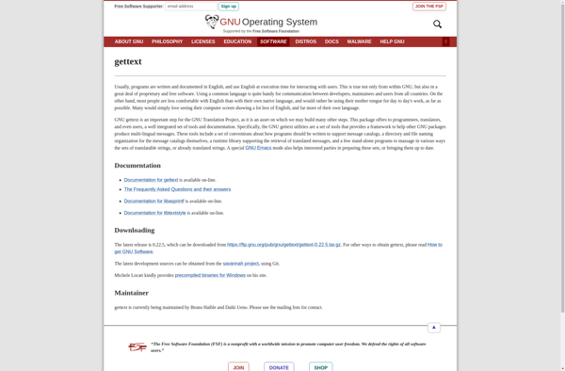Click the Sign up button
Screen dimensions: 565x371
coord(229,7)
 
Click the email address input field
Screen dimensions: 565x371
coord(191,7)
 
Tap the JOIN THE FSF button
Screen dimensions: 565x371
coord(429,7)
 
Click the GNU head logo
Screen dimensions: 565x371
coord(212,22)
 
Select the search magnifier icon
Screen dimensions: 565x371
coord(437,24)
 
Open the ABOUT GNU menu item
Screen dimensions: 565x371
coord(129,41)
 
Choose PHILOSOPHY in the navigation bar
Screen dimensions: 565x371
coord(168,41)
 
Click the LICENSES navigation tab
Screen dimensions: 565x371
coord(203,41)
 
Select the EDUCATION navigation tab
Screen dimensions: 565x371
coord(237,41)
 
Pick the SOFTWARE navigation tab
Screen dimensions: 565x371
coord(273,41)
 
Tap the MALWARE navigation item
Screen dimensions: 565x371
coord(359,41)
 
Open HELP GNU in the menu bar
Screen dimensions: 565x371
coord(392,41)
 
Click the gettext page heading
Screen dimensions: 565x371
coord(129,61)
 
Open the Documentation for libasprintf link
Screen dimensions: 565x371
coord(154,202)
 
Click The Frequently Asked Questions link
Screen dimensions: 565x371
coord(177,189)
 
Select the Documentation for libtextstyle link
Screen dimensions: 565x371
coord(155,213)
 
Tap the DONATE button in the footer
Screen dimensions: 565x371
coord(279,367)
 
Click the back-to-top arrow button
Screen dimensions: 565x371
coord(433,328)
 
